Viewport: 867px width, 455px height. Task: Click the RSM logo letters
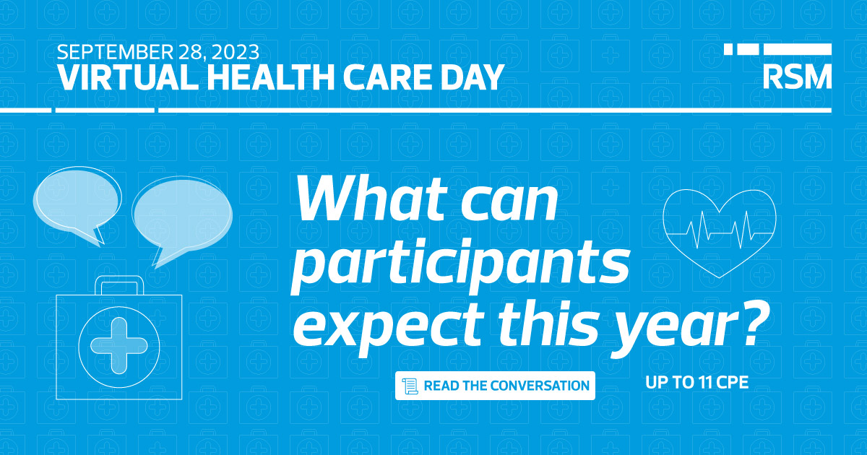tap(797, 76)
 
